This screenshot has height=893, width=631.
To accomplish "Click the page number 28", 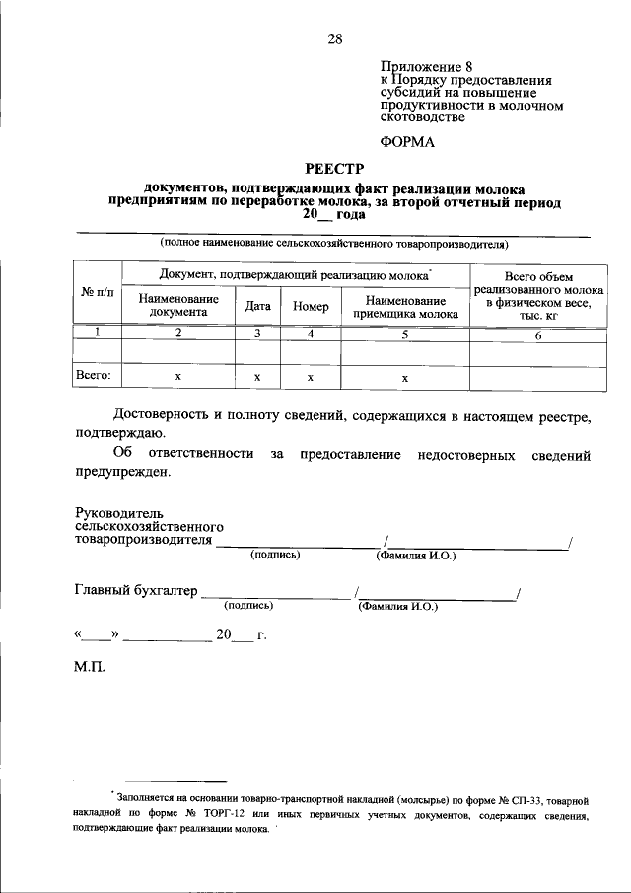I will pos(335,39).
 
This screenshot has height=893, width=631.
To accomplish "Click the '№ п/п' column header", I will pos(97,292).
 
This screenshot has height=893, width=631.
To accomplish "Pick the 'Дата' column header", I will pos(258,307).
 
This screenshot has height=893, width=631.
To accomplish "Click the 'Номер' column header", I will pos(311,307).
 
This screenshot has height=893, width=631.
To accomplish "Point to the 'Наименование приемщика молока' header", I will pos(405,306).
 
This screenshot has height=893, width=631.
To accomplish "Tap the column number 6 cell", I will pos(538,335).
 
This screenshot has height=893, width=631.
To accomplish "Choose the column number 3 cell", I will pos(257,335).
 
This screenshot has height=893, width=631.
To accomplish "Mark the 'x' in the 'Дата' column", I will pos(257,377).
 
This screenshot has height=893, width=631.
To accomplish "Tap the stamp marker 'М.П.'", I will pos(89,667).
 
